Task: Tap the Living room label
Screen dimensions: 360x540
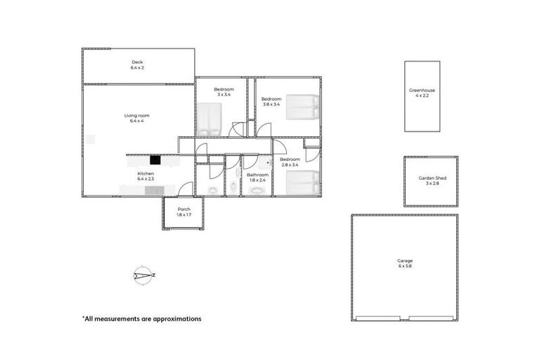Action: click(136, 118)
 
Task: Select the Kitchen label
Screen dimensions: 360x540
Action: click(146, 176)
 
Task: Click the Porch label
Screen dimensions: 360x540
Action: click(184, 212)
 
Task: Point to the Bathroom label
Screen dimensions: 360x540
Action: click(257, 177)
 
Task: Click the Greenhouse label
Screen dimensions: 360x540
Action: click(422, 93)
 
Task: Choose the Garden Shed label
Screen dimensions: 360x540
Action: click(432, 181)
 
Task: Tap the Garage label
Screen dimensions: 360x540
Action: click(404, 263)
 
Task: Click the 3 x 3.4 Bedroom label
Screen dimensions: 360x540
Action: click(224, 92)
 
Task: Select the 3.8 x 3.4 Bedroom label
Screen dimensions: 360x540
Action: click(271, 101)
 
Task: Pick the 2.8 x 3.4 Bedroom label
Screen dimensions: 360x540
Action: click(290, 162)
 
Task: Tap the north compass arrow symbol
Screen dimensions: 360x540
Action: click(144, 276)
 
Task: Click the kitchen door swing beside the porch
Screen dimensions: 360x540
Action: click(186, 188)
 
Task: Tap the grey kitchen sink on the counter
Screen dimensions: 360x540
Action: click(160, 189)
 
